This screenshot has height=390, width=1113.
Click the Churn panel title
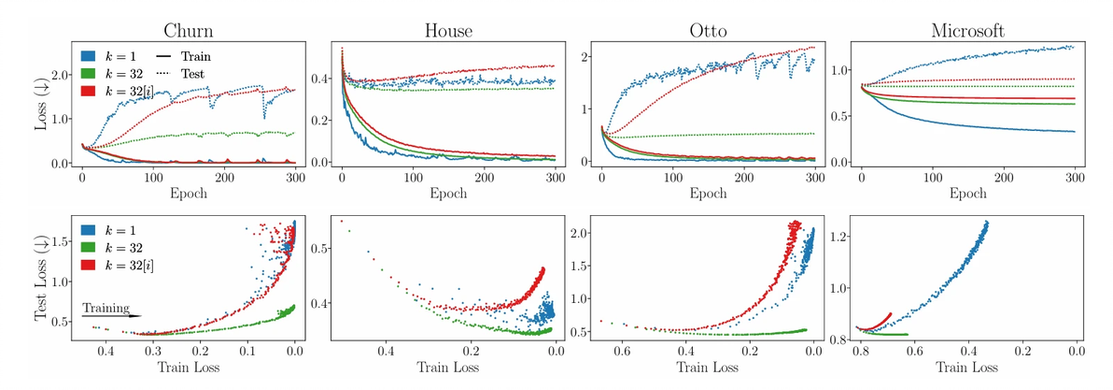click(189, 30)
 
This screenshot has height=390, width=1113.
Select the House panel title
click(448, 30)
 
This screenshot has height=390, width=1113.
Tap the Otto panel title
click(708, 30)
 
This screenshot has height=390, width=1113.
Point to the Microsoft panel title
click(967, 30)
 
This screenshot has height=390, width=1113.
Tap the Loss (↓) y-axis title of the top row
click(41, 106)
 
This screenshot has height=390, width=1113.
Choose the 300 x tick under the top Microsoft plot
click(1071, 176)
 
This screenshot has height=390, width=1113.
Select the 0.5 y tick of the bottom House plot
click(321, 249)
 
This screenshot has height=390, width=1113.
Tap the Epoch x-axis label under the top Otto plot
click(708, 195)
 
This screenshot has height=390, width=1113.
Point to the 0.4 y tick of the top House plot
click(321, 79)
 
